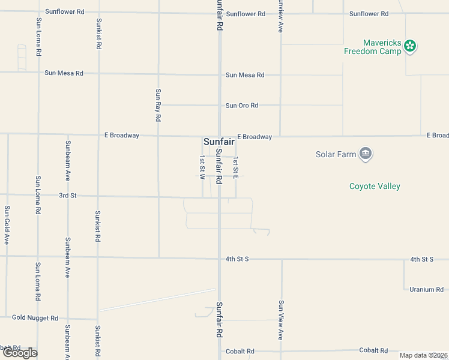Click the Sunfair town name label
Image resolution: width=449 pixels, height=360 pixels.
click(x=218, y=142)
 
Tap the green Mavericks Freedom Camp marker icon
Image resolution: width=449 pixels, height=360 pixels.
click(x=410, y=46)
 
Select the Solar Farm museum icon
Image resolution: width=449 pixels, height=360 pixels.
click(x=365, y=154)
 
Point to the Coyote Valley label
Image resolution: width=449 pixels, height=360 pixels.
click(x=375, y=186)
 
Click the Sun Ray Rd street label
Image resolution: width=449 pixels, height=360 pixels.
click(x=158, y=105)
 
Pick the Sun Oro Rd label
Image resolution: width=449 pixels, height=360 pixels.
click(x=242, y=106)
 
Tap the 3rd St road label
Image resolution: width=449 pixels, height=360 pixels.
click(x=68, y=196)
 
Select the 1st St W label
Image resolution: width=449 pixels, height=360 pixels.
click(x=202, y=168)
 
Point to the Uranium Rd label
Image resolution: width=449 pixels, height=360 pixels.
click(x=426, y=290)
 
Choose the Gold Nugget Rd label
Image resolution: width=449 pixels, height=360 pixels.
click(x=35, y=318)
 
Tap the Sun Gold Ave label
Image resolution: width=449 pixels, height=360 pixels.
click(x=7, y=225)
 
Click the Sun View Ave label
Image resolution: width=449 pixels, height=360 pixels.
click(x=280, y=320)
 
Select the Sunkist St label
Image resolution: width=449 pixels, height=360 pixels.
click(x=98, y=34)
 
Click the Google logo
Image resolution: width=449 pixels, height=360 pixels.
click(x=19, y=353)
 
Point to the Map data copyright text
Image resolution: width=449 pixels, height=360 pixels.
click(x=423, y=355)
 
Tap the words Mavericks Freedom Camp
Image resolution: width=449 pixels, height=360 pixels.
click(x=372, y=47)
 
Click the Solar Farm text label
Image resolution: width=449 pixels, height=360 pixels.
click(x=336, y=154)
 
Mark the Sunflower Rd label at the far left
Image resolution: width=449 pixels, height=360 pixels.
click(x=65, y=12)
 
